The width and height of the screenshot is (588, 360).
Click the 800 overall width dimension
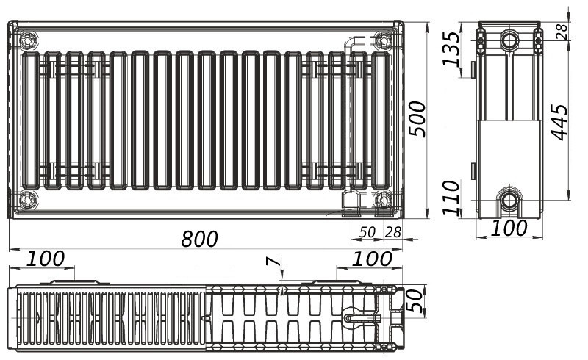point(201,239)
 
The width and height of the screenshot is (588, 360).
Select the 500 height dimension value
point(417,118)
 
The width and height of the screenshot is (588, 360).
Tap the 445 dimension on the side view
point(559,121)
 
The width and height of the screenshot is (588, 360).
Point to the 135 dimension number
point(451,48)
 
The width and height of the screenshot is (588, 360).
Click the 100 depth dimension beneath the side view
point(509,228)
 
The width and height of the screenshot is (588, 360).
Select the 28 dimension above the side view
point(561,31)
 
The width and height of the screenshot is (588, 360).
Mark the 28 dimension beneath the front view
point(393,232)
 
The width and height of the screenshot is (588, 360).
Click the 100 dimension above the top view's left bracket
point(46,259)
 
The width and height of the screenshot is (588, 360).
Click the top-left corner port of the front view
point(28,38)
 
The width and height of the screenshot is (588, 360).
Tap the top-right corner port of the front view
point(383,38)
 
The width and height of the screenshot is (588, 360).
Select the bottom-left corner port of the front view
point(28,198)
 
